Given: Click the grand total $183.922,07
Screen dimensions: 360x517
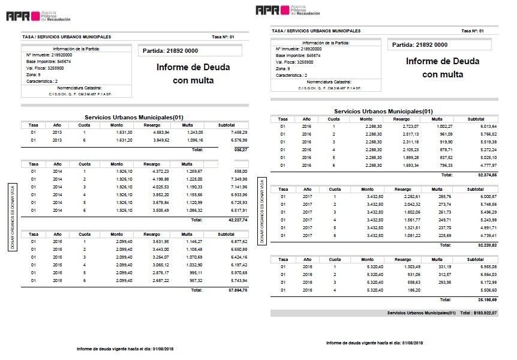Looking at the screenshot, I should pos(484,313).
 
